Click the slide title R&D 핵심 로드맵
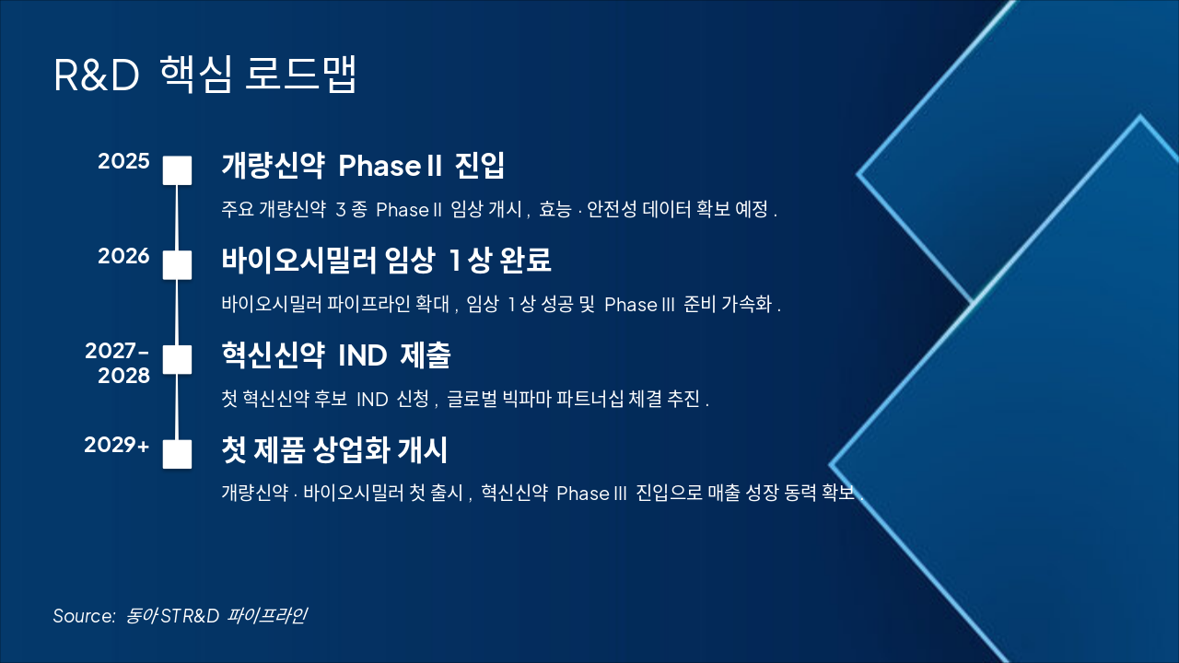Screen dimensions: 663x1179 point(204,76)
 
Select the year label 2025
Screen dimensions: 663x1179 point(123,162)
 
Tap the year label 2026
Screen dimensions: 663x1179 point(123,256)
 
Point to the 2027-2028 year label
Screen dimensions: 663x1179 point(117,363)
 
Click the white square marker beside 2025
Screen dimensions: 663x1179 point(177,170)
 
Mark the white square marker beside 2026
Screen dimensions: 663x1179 point(177,264)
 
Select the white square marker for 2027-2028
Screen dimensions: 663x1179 point(177,359)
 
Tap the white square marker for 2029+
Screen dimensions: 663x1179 point(177,454)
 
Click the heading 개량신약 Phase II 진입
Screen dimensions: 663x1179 point(363,167)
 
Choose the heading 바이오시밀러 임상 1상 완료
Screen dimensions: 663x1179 point(386,261)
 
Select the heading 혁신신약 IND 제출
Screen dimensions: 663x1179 point(335,355)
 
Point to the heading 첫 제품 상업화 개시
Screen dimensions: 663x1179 point(334,450)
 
